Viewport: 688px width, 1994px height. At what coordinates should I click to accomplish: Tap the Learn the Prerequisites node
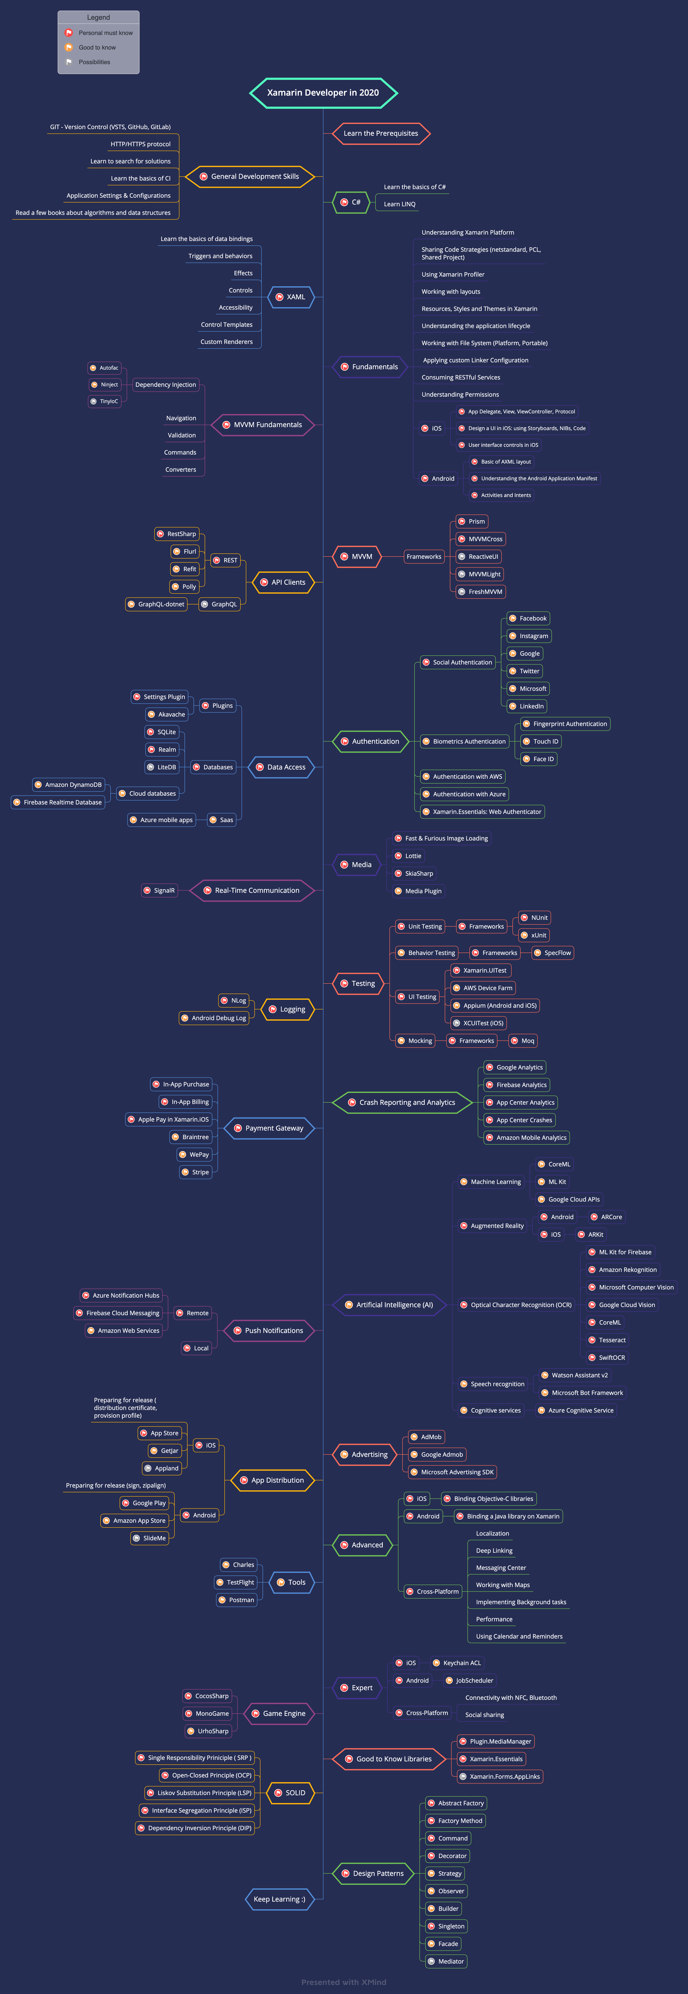pyautogui.click(x=381, y=133)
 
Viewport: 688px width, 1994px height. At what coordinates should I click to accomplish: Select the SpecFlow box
pyautogui.click(x=553, y=953)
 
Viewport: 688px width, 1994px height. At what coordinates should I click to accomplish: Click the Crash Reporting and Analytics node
pyautogui.click(x=403, y=1102)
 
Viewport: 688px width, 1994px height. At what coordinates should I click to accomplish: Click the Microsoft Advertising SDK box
pyautogui.click(x=453, y=1472)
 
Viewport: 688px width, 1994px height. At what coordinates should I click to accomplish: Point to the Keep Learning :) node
pyautogui.click(x=279, y=1899)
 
